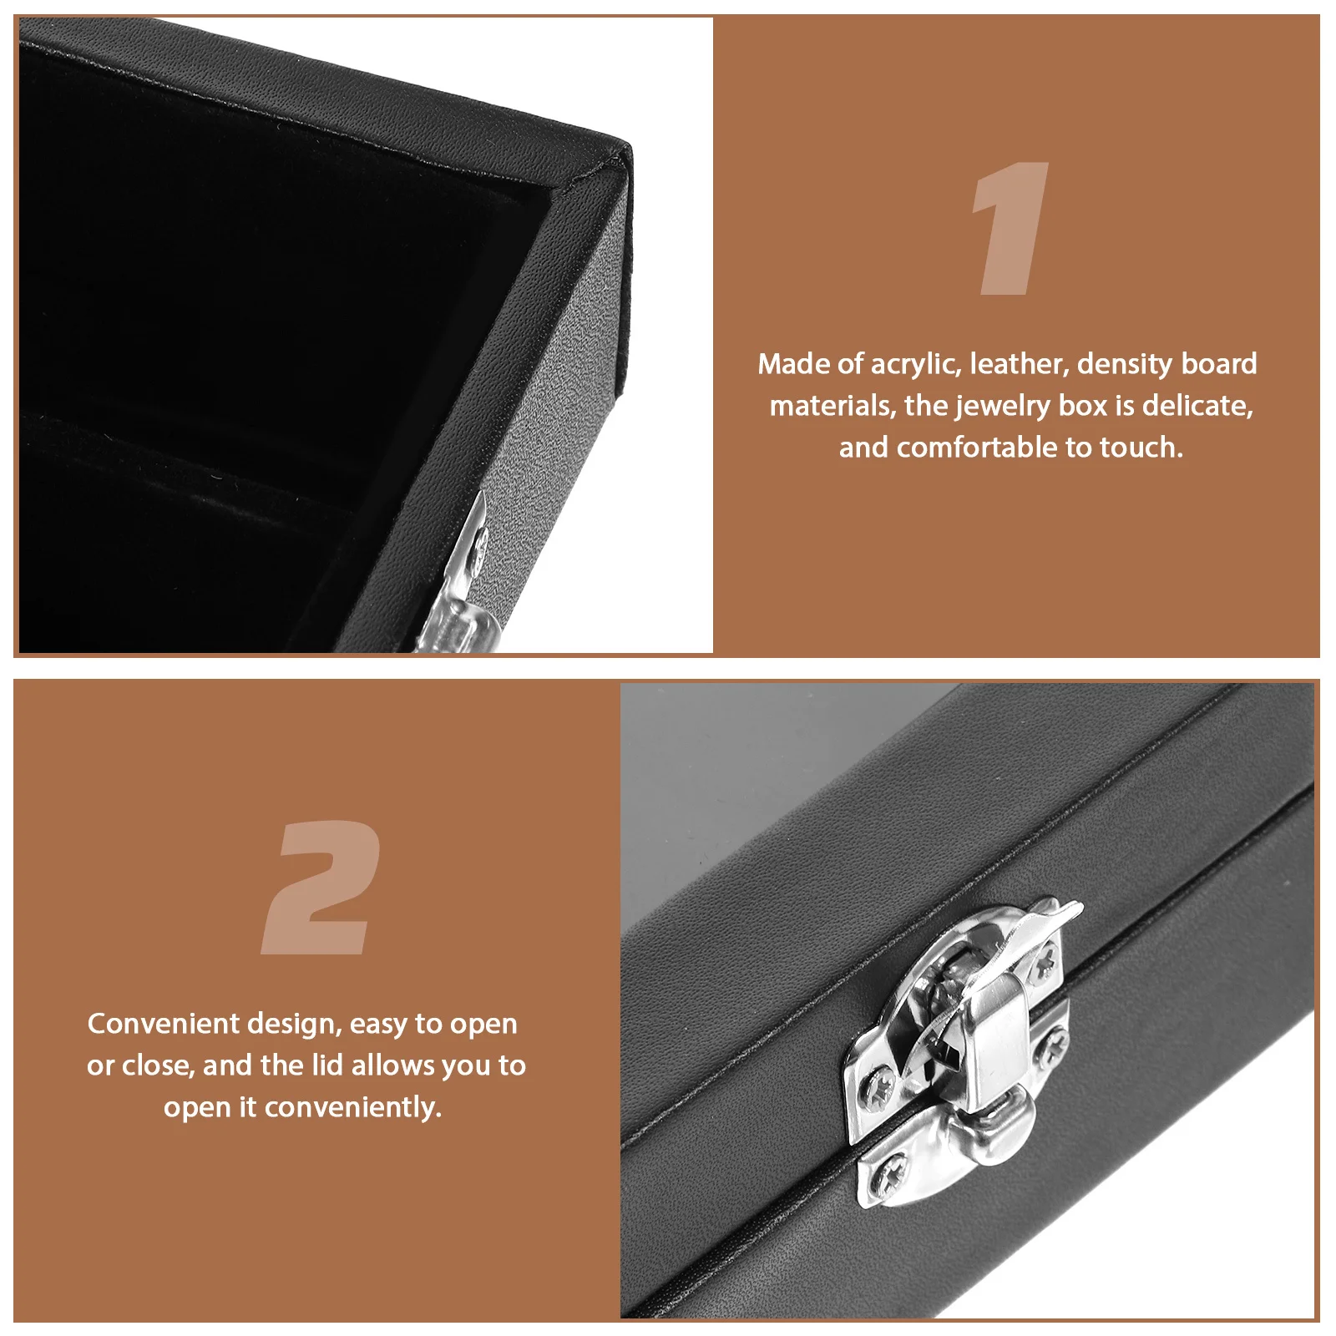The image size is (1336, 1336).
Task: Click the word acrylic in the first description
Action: [x=916, y=364]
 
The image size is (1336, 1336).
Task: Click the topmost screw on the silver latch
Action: [x=1045, y=967]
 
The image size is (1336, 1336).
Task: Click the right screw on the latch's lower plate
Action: [x=1053, y=1042]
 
